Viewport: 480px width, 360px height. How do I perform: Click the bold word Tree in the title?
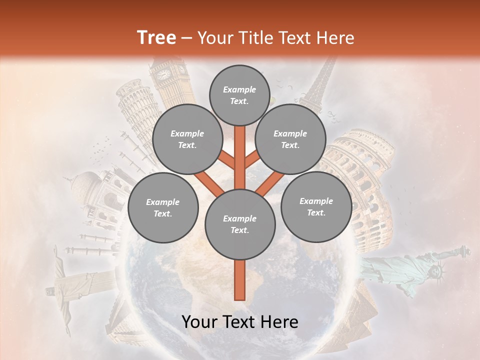(x=156, y=38)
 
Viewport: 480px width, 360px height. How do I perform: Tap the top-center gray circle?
(x=239, y=95)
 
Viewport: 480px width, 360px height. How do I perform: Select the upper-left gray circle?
(x=187, y=139)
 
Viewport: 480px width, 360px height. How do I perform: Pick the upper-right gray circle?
(x=290, y=139)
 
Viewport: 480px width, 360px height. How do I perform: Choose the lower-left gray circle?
(x=162, y=207)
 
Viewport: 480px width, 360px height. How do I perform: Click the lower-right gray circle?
(x=316, y=206)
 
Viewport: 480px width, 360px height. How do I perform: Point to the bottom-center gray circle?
(x=239, y=224)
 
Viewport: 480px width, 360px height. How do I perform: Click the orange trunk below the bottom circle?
(x=239, y=280)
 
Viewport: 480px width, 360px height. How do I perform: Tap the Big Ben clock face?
(x=164, y=74)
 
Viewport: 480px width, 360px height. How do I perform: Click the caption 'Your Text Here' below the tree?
(x=239, y=322)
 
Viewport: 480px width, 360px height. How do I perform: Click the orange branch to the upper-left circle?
(x=227, y=160)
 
